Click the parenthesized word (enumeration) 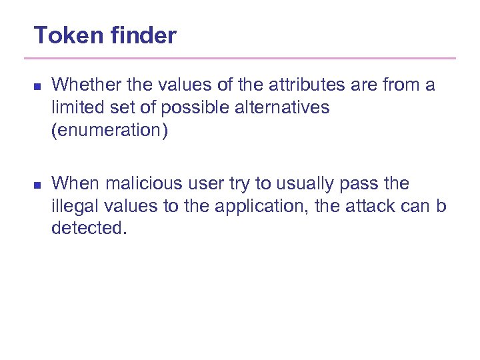point(110,131)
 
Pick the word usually point(288,183)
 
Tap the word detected point(88,229)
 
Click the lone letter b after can point(441,206)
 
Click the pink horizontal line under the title point(244,59)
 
